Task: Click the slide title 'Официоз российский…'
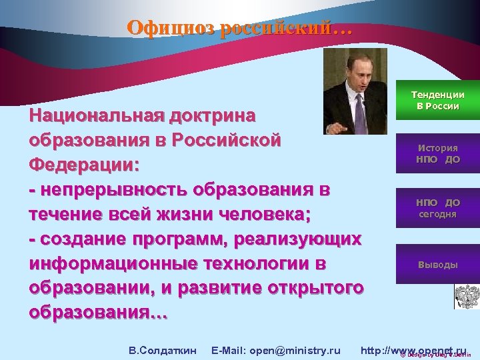coord(237,29)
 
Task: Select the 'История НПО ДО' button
coord(437,154)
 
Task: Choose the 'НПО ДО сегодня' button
coord(437,208)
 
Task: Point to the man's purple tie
coord(359,111)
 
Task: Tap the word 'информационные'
coord(113,264)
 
